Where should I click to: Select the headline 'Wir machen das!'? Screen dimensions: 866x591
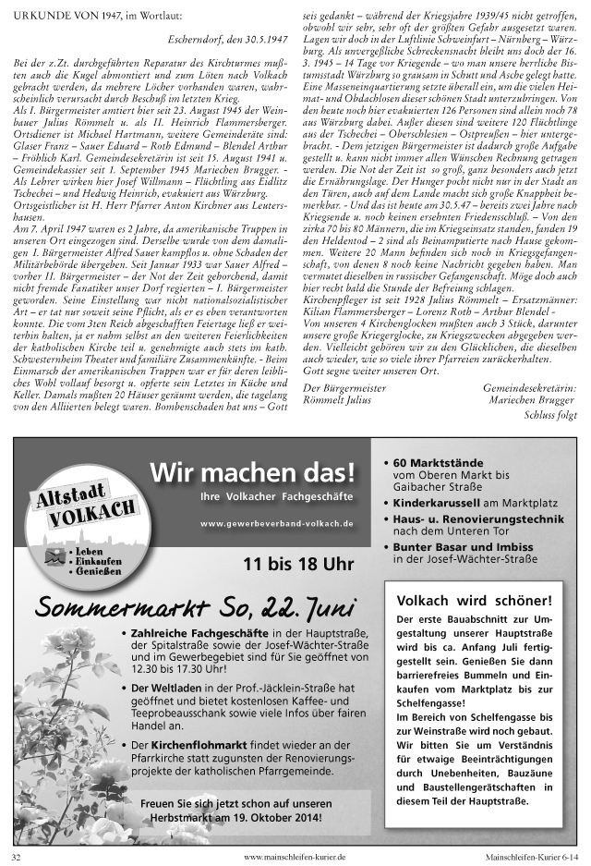252,473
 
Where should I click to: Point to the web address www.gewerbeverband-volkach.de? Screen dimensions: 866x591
277,523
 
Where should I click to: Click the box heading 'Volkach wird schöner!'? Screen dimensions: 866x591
474,600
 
